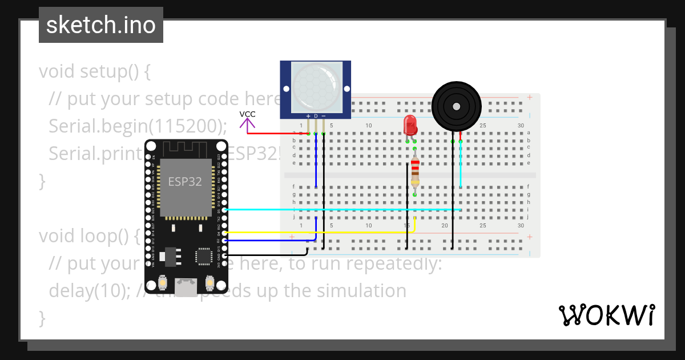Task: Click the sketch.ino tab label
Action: tap(100, 25)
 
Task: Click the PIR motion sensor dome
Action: tap(316, 87)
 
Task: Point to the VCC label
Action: tap(247, 114)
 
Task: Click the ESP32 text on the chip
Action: tap(184, 182)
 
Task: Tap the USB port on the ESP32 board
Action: tap(186, 287)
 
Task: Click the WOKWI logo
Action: tap(606, 315)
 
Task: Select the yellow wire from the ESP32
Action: tap(320, 233)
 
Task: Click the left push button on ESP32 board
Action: tap(163, 283)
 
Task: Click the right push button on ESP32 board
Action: tap(209, 283)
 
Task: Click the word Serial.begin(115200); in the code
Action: tap(138, 126)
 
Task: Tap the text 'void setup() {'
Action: tap(95, 72)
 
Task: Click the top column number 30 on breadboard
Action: tap(520, 126)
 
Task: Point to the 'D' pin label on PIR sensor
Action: tap(316, 116)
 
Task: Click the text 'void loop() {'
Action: tap(90, 235)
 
